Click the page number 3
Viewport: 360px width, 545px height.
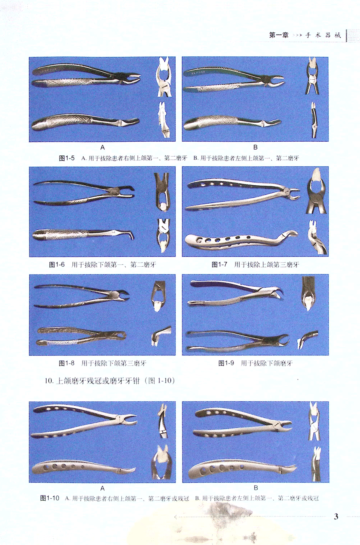pos(336,517)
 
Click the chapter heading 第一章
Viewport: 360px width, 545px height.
pos(279,35)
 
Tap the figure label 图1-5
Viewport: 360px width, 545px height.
pos(67,158)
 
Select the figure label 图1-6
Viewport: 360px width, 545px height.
pos(57,264)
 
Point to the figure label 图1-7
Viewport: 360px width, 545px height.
pos(219,264)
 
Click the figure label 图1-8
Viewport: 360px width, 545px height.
pos(67,363)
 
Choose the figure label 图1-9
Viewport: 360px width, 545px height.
pos(226,363)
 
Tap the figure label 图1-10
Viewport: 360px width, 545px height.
pos(50,498)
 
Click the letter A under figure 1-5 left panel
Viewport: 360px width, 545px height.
pos(102,148)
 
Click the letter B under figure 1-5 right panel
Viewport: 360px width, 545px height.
pos(255,148)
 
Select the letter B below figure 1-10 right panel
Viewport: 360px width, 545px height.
pos(256,488)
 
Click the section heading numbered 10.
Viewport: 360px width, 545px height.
pos(110,381)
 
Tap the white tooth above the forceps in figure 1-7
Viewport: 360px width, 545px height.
pos(316,175)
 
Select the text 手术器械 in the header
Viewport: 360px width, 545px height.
pos(323,35)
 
